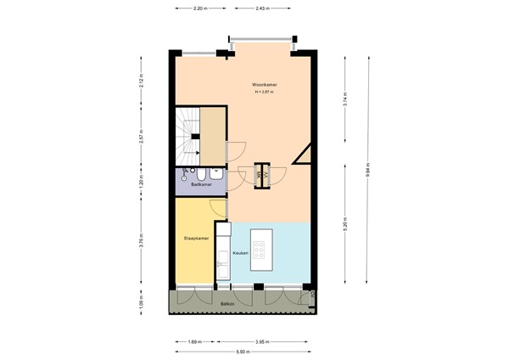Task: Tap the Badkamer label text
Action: (200, 184)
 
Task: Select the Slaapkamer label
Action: (196, 239)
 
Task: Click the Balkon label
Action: (227, 303)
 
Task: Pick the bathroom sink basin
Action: (218, 173)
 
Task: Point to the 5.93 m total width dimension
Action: (243, 352)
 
